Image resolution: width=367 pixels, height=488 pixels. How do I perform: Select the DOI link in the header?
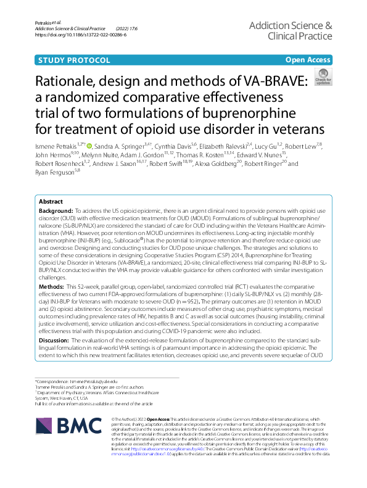[x=81, y=35]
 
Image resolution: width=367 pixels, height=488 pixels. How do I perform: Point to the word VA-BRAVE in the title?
[x=267, y=83]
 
